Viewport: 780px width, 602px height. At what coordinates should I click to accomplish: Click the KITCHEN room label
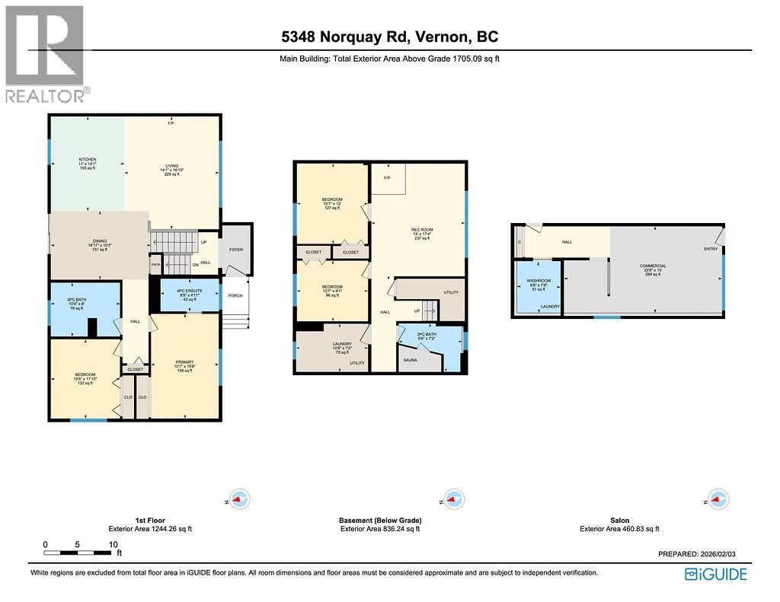[87, 161]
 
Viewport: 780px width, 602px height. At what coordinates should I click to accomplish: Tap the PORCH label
[235, 295]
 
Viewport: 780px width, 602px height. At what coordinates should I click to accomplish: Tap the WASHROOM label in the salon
[539, 281]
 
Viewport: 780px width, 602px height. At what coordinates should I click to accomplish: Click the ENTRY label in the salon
[710, 249]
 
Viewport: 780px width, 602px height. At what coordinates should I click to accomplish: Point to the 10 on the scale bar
[113, 545]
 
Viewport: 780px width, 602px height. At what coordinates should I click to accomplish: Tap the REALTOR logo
[45, 53]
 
